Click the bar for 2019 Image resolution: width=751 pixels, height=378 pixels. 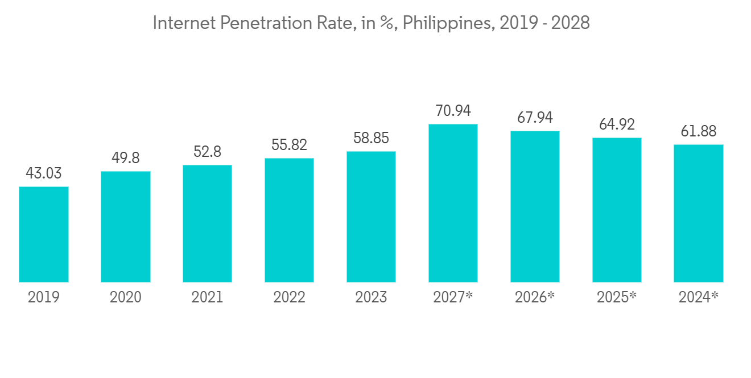[x=44, y=234]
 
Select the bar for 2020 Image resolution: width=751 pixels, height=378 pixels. [x=126, y=227]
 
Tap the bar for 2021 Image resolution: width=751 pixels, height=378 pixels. [x=207, y=223]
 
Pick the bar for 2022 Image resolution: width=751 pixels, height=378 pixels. [x=289, y=220]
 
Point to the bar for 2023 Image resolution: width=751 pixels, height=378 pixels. [x=371, y=217]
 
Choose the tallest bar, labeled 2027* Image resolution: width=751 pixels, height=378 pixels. [x=453, y=203]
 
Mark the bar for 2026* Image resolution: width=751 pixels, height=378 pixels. [x=535, y=206]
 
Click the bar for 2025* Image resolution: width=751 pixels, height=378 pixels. [x=617, y=210]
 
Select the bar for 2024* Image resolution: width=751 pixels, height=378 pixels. [x=699, y=213]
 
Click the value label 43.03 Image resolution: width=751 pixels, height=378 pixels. [x=44, y=173]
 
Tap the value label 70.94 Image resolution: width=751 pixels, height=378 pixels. [x=453, y=111]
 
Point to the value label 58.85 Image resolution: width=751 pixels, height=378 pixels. [x=371, y=138]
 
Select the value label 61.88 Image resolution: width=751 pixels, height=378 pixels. [x=699, y=131]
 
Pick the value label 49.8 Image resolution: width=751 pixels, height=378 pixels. [x=126, y=158]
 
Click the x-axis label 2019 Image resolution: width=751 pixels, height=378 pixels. [x=44, y=297]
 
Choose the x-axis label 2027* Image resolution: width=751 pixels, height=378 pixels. [x=453, y=297]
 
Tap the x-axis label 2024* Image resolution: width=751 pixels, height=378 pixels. [x=699, y=297]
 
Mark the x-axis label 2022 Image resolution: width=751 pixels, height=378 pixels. [x=289, y=297]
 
